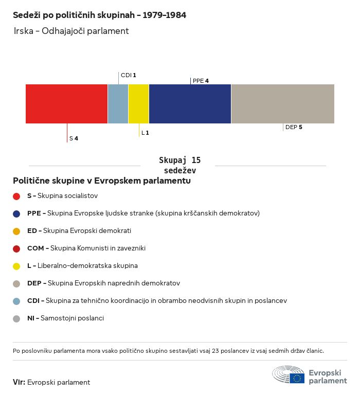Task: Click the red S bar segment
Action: (66, 104)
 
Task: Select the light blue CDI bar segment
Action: (118, 104)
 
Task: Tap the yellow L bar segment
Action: (138, 104)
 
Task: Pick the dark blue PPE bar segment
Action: (190, 104)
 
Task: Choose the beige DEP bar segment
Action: (283, 104)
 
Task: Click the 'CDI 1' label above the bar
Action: (128, 75)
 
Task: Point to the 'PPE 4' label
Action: (201, 81)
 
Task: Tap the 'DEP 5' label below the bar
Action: (294, 127)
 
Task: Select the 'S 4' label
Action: (74, 138)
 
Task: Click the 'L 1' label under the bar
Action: (145, 133)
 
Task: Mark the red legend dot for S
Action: (16, 196)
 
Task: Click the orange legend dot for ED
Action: (16, 231)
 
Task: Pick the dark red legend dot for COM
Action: (16, 249)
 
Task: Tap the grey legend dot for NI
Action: (16, 319)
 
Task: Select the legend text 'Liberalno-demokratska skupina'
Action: (87, 265)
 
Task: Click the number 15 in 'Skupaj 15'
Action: (196, 160)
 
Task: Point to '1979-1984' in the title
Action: (164, 15)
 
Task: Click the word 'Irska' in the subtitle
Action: (24, 31)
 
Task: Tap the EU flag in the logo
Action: (297, 378)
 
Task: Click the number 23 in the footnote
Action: (215, 351)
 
